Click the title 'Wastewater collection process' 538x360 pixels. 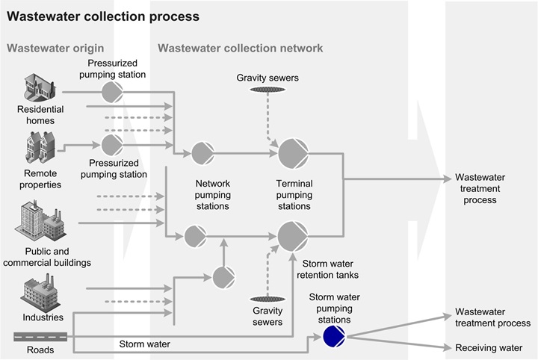click(103, 16)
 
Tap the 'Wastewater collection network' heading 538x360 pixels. click(240, 49)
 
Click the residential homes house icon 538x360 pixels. click(40, 87)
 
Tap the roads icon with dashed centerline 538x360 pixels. click(40, 337)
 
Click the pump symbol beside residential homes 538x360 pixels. click(112, 93)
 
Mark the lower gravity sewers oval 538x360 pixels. click(267, 299)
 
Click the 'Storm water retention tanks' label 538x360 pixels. click(331, 269)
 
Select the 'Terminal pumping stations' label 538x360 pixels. click(294, 194)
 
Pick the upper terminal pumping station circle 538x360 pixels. click(292, 154)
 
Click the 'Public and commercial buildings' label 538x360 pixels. click(58, 257)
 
